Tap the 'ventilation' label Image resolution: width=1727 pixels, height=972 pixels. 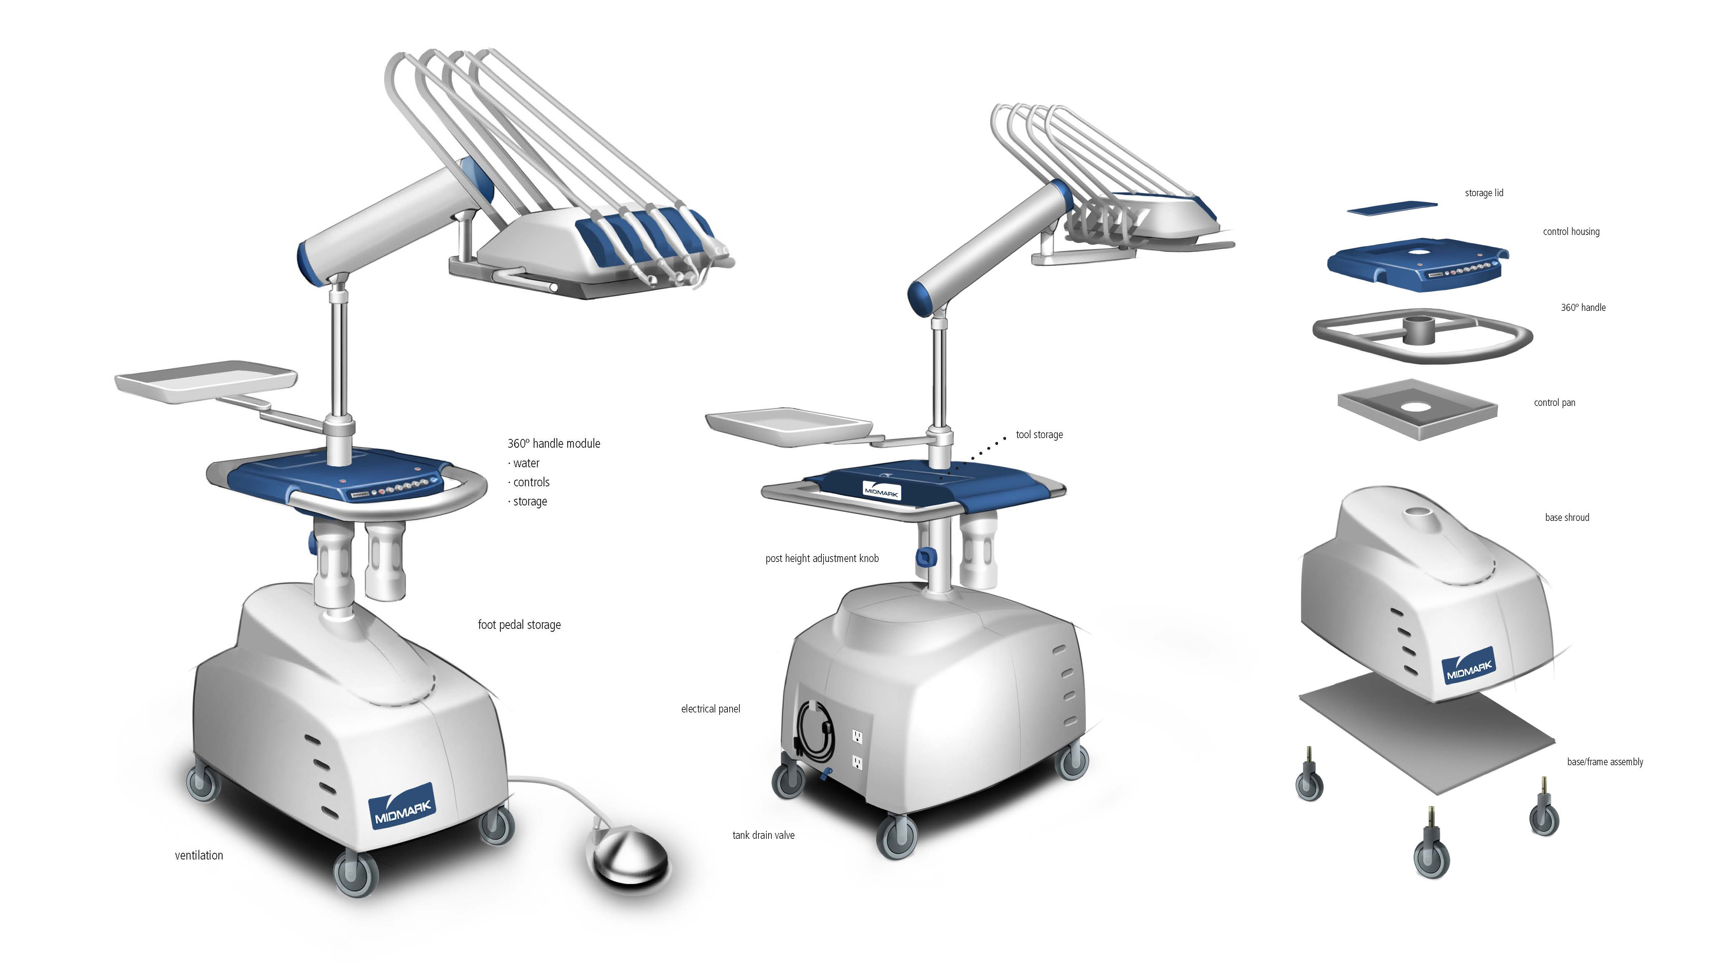point(199,855)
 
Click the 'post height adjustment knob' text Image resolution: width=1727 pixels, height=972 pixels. point(821,558)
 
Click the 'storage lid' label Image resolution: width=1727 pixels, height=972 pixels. point(1484,193)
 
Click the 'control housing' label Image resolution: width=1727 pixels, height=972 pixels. point(1571,231)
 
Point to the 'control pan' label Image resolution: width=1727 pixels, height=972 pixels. point(1554,402)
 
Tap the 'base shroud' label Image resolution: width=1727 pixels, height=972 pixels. point(1567,517)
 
